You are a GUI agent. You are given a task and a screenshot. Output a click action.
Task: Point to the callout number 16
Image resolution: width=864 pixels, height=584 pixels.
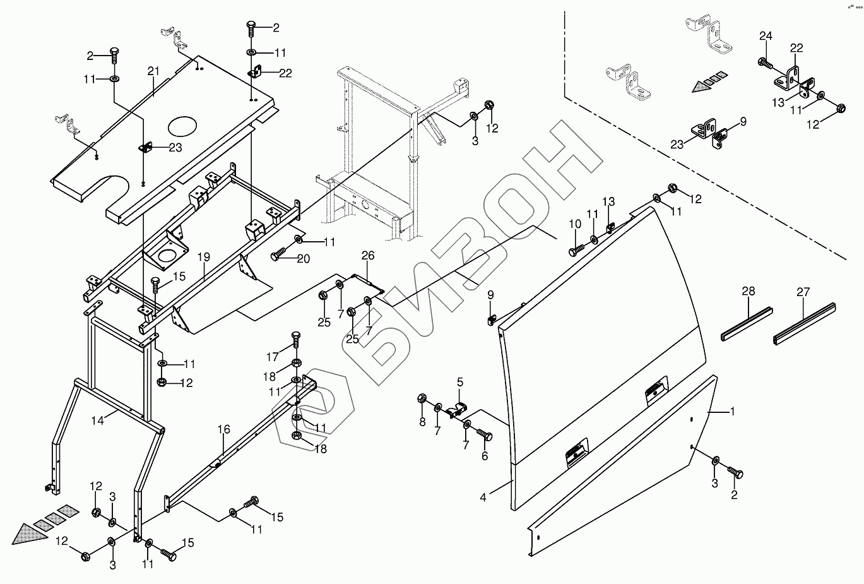(224, 430)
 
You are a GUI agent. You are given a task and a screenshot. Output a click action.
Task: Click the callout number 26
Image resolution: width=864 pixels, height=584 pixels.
(368, 256)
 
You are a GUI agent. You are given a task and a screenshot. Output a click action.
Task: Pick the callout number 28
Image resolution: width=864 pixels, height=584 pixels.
(748, 292)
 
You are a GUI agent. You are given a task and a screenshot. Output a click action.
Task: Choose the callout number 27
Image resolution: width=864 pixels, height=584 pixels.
(803, 292)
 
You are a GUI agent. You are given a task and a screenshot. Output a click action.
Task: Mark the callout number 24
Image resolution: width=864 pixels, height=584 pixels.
(765, 37)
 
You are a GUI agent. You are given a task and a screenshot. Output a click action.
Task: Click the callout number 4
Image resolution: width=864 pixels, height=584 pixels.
(483, 497)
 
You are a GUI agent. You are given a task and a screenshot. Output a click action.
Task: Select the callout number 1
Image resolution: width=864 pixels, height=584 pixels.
(733, 412)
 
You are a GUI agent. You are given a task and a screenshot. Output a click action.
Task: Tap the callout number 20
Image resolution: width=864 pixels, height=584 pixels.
(304, 259)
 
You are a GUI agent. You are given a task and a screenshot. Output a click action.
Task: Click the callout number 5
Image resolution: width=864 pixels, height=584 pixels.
(460, 383)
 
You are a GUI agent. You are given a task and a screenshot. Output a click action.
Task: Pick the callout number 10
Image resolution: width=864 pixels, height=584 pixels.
(575, 224)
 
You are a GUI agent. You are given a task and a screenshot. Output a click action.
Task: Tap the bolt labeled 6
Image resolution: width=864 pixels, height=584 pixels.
(484, 435)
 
